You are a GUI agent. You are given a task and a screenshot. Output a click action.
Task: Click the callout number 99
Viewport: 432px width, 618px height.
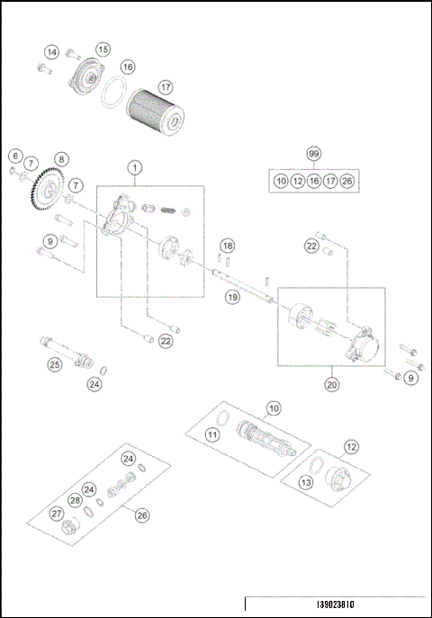(313, 154)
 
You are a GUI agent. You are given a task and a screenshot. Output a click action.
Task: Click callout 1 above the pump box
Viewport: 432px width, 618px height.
(134, 167)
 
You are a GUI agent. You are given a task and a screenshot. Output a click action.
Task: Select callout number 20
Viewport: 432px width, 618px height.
(332, 384)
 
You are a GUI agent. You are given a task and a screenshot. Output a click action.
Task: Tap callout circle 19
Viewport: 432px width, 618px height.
(232, 296)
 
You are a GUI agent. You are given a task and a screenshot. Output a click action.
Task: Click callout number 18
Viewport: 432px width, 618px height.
(228, 246)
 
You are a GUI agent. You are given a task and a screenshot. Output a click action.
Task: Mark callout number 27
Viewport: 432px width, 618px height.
(57, 514)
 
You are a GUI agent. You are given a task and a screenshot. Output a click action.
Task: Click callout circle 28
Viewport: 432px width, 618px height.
(76, 500)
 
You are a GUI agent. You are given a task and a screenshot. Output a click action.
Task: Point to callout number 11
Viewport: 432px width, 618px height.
(213, 435)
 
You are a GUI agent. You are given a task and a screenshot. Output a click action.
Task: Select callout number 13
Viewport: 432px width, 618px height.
(307, 483)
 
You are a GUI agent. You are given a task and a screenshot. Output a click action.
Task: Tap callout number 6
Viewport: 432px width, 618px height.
(14, 157)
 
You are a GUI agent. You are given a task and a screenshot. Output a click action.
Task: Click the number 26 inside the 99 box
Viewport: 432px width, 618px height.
(347, 182)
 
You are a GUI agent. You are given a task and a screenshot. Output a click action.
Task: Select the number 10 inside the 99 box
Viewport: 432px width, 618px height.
(281, 182)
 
